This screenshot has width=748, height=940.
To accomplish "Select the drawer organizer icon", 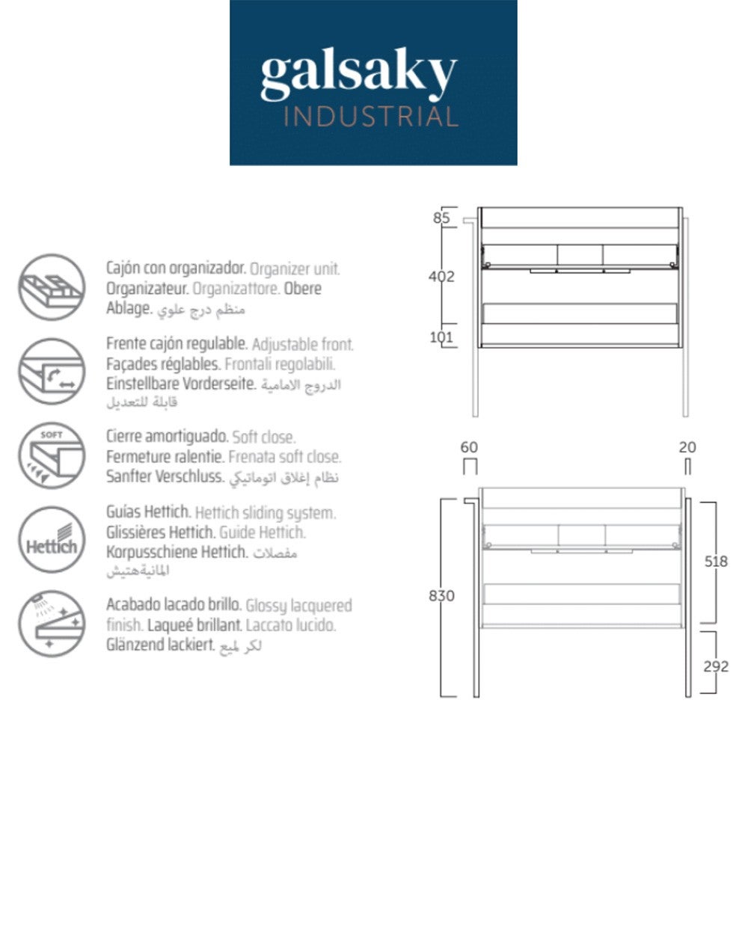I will pyautogui.click(x=52, y=288).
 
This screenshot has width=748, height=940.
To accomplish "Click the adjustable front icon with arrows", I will pyautogui.click(x=52, y=371).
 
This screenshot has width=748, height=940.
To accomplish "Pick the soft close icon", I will pyautogui.click(x=52, y=455).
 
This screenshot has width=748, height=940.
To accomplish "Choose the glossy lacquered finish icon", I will pyautogui.click(x=52, y=624).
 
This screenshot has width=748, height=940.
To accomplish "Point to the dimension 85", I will pyautogui.click(x=442, y=218).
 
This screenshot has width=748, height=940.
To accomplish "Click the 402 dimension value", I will pyautogui.click(x=441, y=276).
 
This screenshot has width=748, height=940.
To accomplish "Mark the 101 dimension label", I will pyautogui.click(x=441, y=337).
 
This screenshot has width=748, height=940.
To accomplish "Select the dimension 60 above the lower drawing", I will pyautogui.click(x=469, y=447).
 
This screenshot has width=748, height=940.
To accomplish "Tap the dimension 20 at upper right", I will pyautogui.click(x=687, y=447).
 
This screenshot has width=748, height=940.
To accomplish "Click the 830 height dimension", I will pyautogui.click(x=441, y=596).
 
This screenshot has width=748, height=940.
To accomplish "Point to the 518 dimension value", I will pyautogui.click(x=716, y=561).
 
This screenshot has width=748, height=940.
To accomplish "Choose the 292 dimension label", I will pyautogui.click(x=716, y=666).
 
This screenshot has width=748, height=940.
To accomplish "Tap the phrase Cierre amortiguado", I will pyautogui.click(x=168, y=437).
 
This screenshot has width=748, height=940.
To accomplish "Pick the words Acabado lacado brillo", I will pyautogui.click(x=174, y=605).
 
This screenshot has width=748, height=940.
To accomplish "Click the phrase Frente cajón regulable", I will pyautogui.click(x=177, y=344).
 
